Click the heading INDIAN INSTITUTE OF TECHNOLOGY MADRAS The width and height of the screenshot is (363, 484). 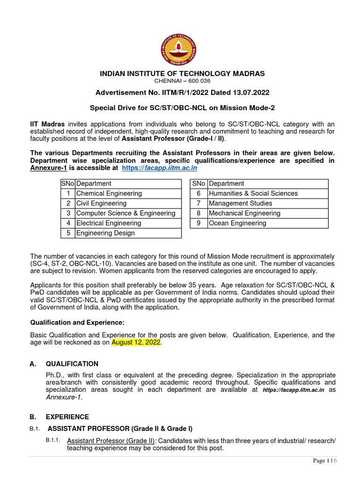coord(182,73)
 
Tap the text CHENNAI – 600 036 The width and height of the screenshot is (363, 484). coord(181,81)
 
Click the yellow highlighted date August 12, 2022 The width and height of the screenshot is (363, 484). coord(136,342)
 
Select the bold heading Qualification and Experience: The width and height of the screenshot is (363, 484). coord(77,322)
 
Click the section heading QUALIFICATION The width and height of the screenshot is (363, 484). coord(72,363)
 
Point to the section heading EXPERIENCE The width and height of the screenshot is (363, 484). coord(67,417)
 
